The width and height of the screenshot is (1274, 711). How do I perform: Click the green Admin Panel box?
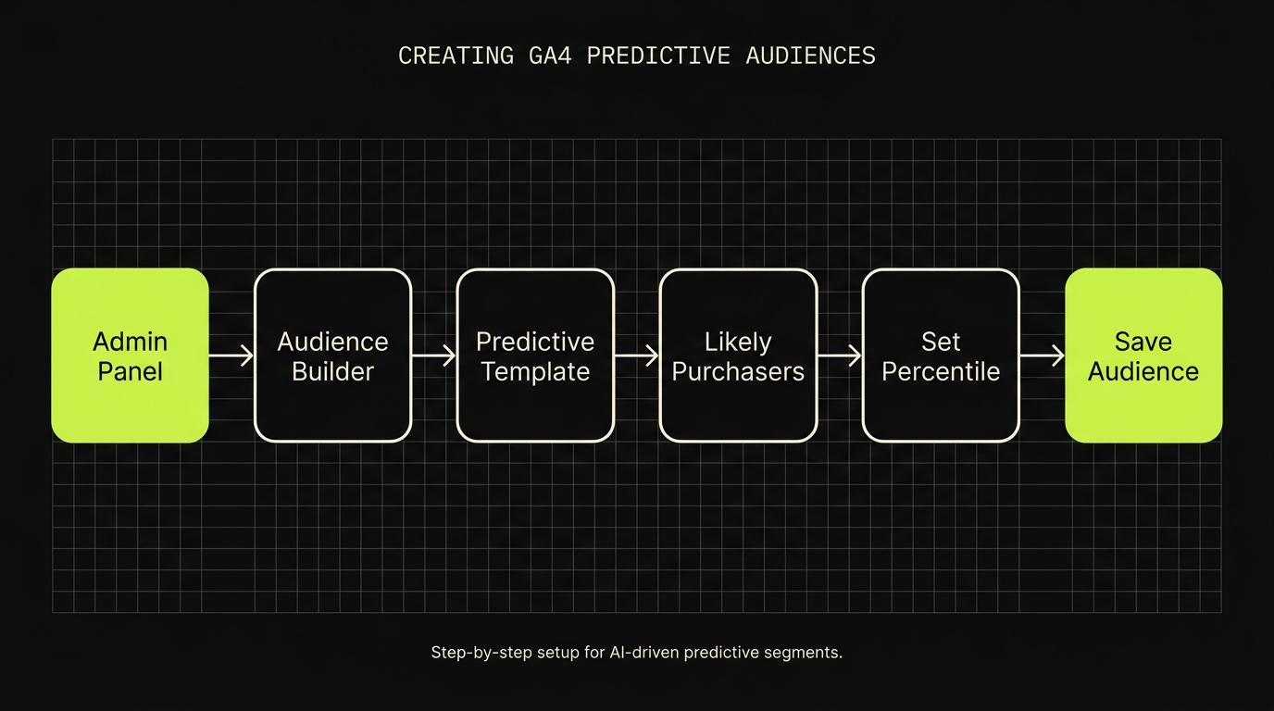point(131,355)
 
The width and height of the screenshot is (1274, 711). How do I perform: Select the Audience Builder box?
point(332,355)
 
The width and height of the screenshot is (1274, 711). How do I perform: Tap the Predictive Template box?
point(535,355)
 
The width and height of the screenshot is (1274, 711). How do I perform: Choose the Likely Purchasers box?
point(738,355)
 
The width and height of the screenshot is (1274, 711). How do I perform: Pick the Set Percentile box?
point(941,355)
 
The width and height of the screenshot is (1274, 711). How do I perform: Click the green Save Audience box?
point(1143,355)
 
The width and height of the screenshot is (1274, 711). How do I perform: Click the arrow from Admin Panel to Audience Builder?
point(231,355)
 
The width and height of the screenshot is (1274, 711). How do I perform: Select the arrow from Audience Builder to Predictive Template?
point(434,355)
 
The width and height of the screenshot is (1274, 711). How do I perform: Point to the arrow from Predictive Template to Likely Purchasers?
point(637,355)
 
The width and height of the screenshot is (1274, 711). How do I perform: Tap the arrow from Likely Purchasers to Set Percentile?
point(840,355)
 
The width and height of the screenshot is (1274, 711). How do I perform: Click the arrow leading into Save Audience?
point(1043,355)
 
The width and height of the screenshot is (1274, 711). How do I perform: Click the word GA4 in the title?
point(550,56)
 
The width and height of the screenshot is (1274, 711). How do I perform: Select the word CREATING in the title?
point(456,56)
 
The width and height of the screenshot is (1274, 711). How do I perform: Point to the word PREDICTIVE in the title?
point(658,56)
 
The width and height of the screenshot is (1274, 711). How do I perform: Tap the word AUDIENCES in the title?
point(810,56)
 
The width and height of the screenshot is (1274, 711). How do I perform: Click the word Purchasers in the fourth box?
point(738,372)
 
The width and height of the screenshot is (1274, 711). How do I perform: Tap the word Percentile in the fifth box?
point(941,371)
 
